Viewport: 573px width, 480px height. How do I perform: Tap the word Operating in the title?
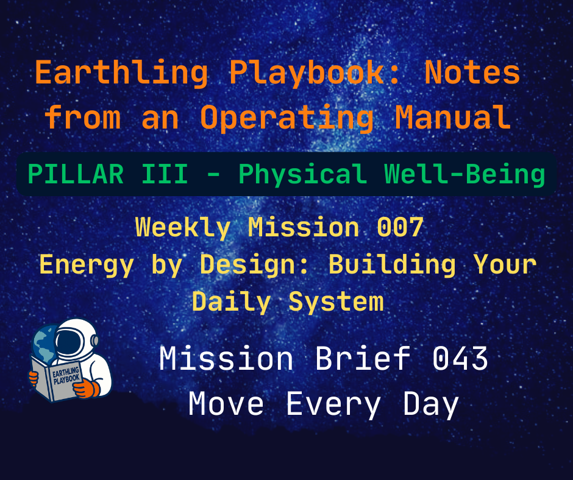pyautogui.click(x=286, y=118)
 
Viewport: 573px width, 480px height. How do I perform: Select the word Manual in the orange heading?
pyautogui.click(x=452, y=118)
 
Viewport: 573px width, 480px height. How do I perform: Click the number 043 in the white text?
pyautogui.click(x=460, y=359)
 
